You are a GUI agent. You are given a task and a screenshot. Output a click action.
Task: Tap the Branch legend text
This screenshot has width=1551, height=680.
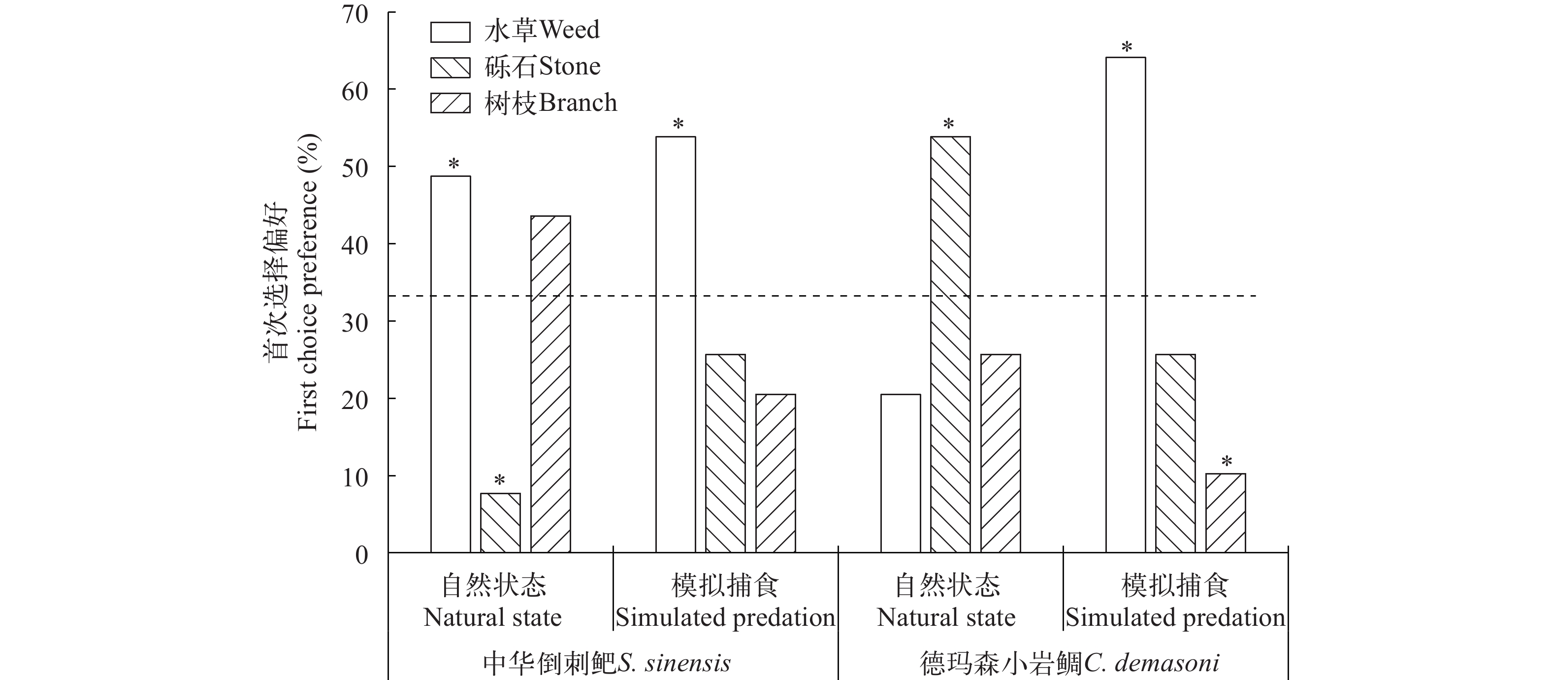(551, 103)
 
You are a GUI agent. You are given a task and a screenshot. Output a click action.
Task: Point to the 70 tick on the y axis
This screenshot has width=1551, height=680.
(355, 14)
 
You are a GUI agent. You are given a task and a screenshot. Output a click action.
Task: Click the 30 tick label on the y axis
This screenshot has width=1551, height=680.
(355, 323)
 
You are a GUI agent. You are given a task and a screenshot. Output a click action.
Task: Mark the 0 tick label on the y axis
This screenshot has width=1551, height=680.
(361, 555)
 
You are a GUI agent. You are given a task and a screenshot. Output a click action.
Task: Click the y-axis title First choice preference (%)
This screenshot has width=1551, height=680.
(307, 283)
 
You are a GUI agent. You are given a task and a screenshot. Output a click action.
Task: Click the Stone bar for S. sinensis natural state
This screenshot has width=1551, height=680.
(500, 523)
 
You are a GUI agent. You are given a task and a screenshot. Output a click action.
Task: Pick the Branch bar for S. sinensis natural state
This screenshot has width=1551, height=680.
(550, 384)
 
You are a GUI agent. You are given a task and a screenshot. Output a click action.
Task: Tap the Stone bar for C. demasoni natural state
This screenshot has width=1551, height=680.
(950, 344)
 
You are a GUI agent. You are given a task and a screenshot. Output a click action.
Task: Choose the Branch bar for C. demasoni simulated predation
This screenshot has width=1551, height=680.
(1225, 513)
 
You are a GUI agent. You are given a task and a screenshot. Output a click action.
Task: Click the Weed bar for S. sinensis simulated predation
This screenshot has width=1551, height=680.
(675, 344)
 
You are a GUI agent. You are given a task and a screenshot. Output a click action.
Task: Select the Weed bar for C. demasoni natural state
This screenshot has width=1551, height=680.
(900, 474)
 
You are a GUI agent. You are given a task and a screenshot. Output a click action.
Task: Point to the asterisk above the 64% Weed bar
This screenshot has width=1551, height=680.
(1126, 47)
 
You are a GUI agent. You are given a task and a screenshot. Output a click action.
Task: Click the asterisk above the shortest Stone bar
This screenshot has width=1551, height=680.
(499, 480)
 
